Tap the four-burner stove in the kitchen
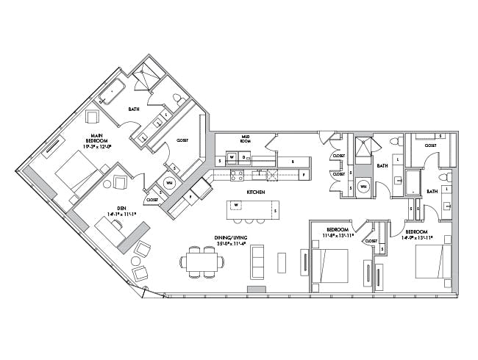pyautogui.click(x=238, y=175)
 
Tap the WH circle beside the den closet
pyautogui.click(x=169, y=184)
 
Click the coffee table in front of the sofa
pyautogui.click(x=282, y=262)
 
